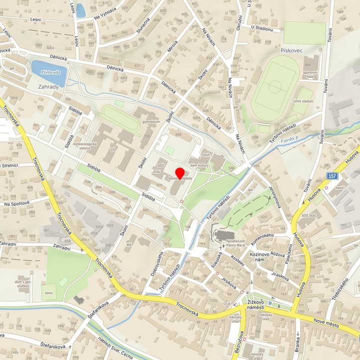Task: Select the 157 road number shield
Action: coord(333,176)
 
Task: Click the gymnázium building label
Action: coord(151,122)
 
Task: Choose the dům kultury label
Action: coord(199,165)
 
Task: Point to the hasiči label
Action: coord(341,187)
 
